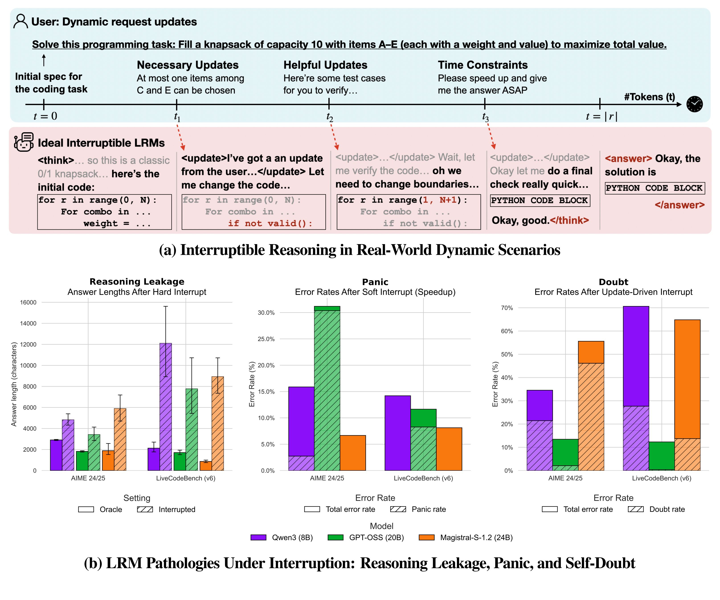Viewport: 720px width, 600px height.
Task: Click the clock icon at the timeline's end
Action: click(x=694, y=104)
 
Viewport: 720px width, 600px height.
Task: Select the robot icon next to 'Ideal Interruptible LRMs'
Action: click(x=24, y=142)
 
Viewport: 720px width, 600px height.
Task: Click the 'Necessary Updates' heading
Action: click(x=188, y=65)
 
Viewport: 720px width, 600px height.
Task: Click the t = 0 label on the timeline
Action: click(x=45, y=116)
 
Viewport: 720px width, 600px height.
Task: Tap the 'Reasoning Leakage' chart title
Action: click(x=137, y=282)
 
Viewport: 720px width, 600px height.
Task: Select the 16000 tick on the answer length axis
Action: click(x=28, y=302)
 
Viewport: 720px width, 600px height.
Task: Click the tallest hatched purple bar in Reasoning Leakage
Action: click(x=166, y=407)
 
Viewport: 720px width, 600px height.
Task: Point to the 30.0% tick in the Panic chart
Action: click(x=266, y=313)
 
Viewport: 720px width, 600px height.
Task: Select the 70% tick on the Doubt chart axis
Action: click(x=507, y=308)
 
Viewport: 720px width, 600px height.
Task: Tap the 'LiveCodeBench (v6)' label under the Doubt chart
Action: click(x=661, y=478)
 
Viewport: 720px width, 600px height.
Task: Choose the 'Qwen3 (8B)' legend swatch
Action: click(x=258, y=537)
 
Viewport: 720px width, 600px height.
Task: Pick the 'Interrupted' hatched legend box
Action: click(x=145, y=509)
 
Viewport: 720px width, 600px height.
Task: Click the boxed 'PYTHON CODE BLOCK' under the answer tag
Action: click(x=655, y=188)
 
